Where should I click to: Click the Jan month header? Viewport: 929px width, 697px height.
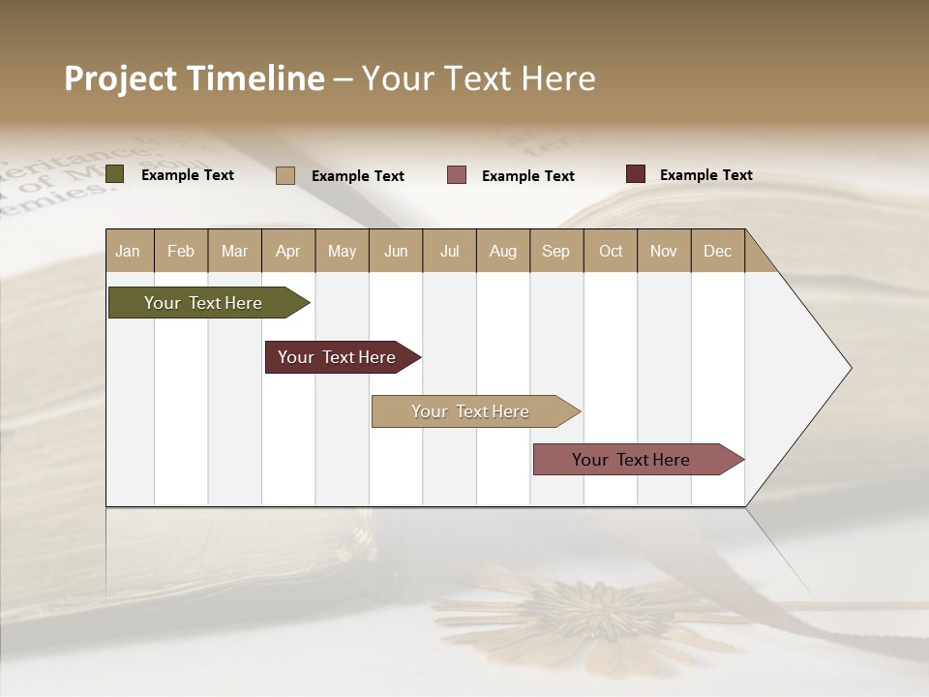point(129,251)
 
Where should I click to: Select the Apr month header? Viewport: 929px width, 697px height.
point(288,251)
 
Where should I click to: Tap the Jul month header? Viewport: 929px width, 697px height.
point(449,251)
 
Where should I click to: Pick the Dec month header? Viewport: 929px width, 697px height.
point(717,251)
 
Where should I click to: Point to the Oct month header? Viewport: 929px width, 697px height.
point(610,251)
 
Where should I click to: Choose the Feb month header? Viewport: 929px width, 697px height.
point(181,251)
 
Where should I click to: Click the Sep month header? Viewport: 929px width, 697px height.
point(556,251)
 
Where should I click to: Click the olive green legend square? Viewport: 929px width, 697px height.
point(115,174)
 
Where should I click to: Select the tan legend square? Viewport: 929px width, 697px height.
point(285,175)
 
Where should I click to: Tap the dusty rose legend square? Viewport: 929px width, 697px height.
point(457,174)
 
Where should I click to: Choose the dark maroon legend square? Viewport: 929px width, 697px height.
point(636,174)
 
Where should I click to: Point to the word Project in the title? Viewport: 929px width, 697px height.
point(121,78)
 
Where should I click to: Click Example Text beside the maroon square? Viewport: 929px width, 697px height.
point(705,175)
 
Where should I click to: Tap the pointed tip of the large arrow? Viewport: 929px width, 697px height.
point(849,368)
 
